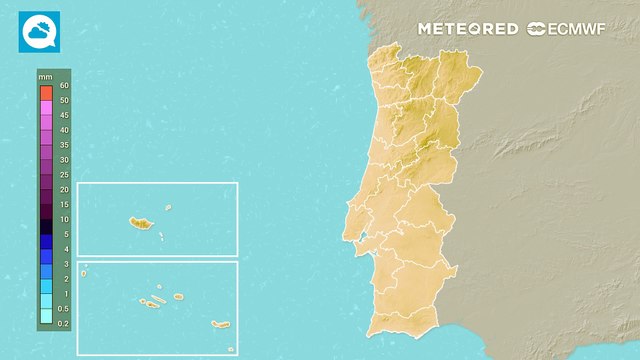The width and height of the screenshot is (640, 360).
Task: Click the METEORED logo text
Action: point(468,29)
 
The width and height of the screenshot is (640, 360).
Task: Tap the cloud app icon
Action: point(39,31)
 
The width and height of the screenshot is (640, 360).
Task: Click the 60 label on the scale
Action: point(64,86)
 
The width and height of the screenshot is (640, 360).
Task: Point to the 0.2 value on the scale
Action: point(64,324)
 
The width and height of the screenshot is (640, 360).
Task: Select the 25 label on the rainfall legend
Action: point(64,175)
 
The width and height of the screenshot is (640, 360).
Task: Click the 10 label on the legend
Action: point(64,219)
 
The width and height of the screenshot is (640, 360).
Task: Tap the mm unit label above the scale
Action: point(45,76)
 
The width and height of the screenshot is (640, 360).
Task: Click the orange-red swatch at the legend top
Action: point(45,92)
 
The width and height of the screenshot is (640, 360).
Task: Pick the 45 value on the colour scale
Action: point(64,130)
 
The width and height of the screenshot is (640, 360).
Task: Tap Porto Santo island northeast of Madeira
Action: point(168,208)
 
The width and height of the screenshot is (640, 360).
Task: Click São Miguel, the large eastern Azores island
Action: point(220,323)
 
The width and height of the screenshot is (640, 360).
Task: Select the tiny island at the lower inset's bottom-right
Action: point(230,349)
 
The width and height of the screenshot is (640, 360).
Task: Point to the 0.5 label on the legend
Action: point(64,309)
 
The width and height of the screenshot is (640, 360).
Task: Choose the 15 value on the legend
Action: point(64,204)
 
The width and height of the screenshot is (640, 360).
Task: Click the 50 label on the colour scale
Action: point(64,101)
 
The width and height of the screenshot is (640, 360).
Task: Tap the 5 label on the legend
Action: point(64,234)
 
